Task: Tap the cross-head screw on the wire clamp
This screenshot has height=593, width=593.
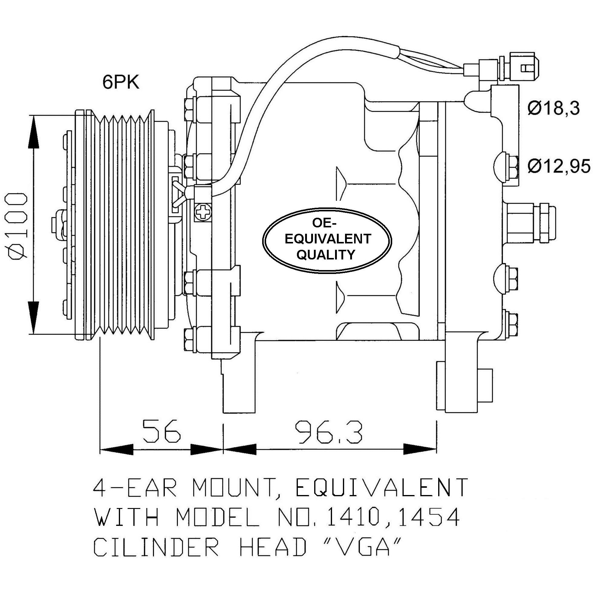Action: (x=203, y=211)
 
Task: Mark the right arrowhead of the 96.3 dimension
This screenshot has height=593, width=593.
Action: (x=420, y=449)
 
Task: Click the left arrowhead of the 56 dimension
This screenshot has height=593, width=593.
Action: (x=117, y=449)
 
